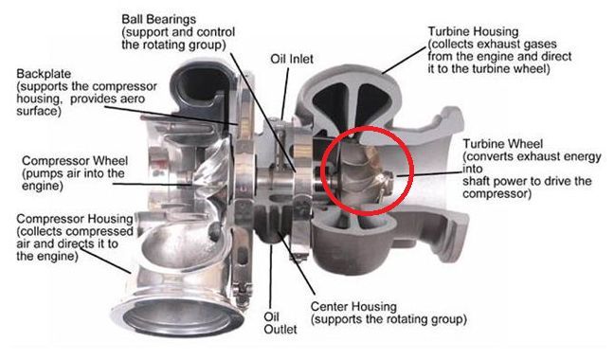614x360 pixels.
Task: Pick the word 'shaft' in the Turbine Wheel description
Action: click(x=479, y=181)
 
